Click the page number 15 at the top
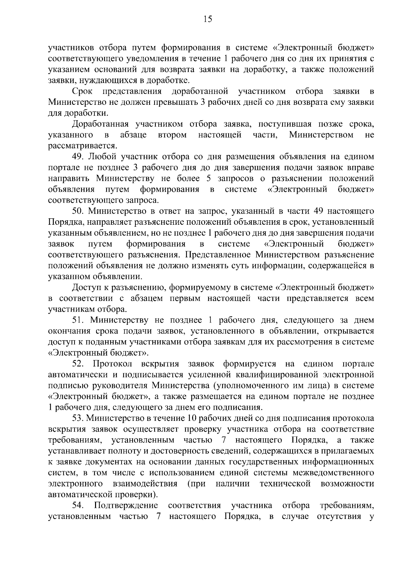click(x=208, y=19)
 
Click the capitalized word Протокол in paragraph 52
click(x=112, y=364)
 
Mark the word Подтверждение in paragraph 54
click(x=126, y=505)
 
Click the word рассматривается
click(x=83, y=146)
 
